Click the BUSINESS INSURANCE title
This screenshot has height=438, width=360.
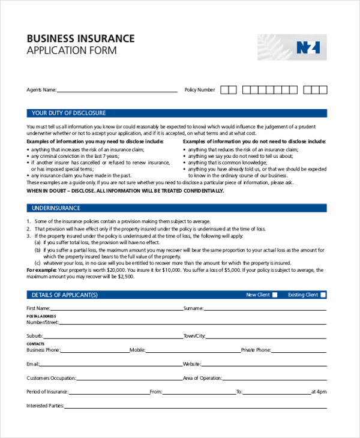click(80, 39)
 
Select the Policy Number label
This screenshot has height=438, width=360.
click(200, 90)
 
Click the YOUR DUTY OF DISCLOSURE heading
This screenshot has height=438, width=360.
click(68, 113)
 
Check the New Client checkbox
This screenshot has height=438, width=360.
click(275, 295)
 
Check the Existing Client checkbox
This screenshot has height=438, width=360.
click(323, 295)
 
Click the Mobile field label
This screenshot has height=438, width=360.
click(137, 350)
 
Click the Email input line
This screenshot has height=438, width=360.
click(111, 364)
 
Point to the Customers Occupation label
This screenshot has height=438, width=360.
click(51, 378)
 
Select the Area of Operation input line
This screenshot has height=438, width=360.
click(274, 378)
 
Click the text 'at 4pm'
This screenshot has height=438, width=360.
click(319, 392)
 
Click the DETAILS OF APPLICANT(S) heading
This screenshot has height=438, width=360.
click(64, 295)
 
